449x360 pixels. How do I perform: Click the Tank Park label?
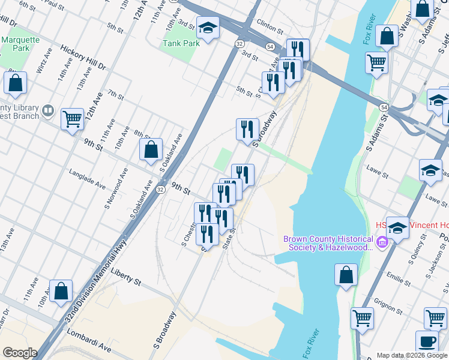tap(181, 43)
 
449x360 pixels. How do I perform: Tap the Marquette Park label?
tap(15, 44)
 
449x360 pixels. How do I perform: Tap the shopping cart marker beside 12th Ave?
tap(73, 119)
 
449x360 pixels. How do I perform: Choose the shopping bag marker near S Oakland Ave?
tap(151, 150)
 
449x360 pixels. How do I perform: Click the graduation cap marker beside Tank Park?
tap(208, 28)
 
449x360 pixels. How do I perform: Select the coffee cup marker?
tap(427, 341)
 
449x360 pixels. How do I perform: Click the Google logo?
tap(20, 352)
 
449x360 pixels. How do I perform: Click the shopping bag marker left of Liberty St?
tap(61, 292)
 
